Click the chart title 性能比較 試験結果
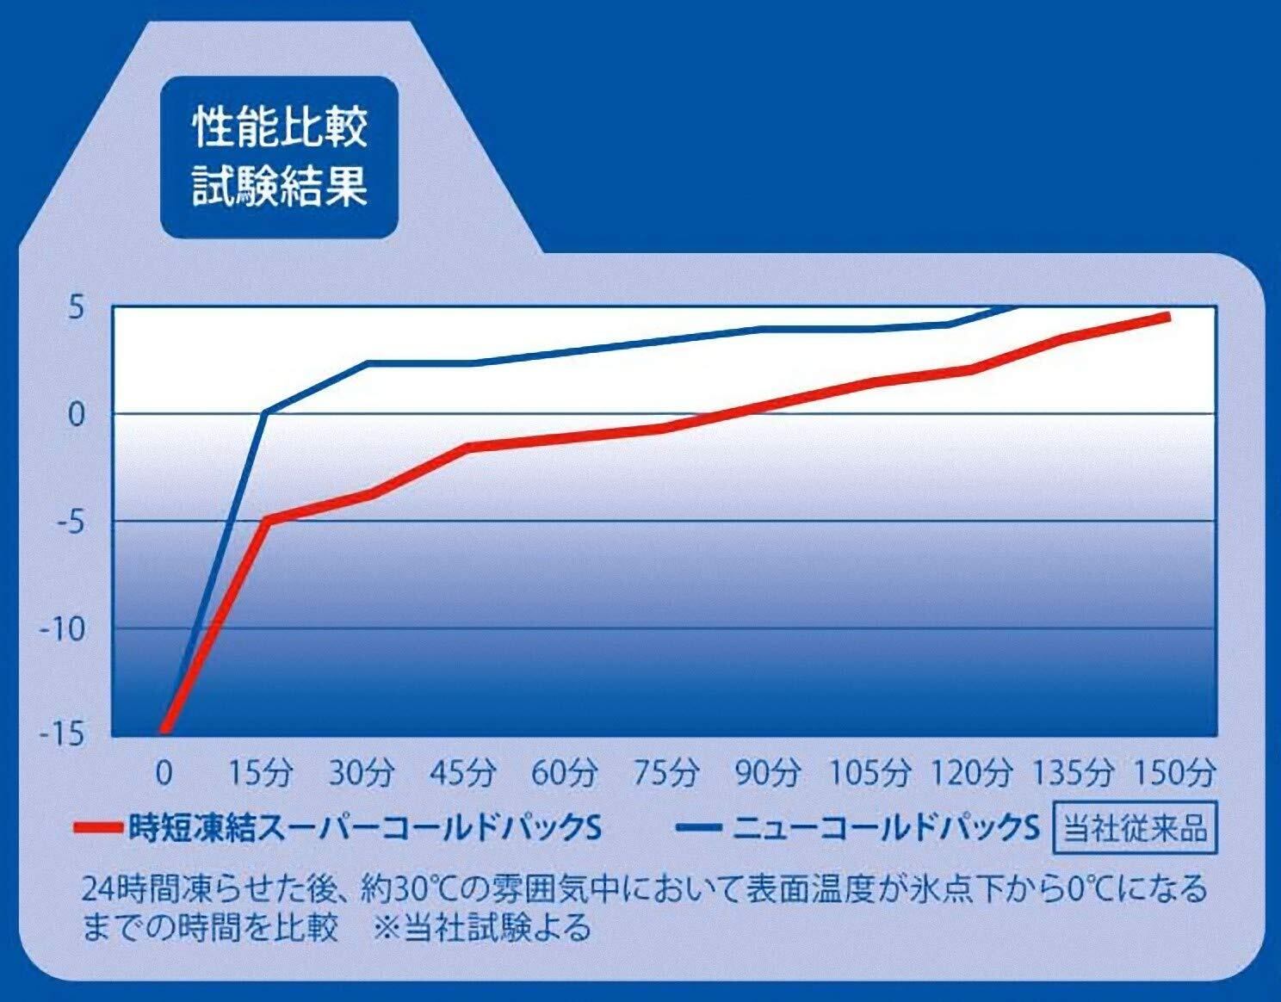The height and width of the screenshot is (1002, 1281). pos(280,156)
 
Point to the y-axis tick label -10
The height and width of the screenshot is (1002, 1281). pos(63,630)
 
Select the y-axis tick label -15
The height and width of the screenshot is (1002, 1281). pos(63,734)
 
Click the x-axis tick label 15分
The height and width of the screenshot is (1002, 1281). pos(262,773)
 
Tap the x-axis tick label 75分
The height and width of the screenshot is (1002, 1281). pos(665,773)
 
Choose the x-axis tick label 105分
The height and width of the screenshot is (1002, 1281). pos(869,773)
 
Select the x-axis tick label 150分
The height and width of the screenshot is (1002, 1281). pos(1173,773)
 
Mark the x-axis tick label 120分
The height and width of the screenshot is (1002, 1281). pos(970,773)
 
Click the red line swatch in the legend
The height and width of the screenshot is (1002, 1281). pos(99,829)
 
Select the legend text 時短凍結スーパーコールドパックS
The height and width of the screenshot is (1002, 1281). pos(364,829)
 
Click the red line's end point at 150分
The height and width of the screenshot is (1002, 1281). pos(1167,318)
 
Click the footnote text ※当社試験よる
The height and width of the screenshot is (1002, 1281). pos(483,929)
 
